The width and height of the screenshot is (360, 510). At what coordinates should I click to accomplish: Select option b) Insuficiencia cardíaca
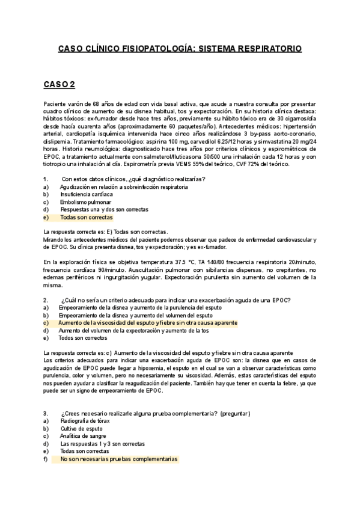[86, 194]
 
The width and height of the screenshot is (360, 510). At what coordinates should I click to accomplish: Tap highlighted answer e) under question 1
[86, 217]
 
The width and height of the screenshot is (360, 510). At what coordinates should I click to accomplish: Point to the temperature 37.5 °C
[189, 262]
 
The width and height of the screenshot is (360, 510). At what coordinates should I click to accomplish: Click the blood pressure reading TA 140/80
[222, 262]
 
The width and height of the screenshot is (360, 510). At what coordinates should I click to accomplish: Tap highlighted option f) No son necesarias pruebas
[118, 459]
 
